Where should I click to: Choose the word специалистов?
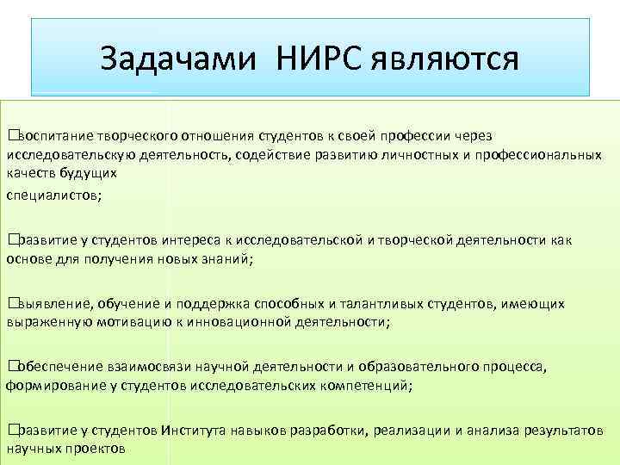[x=53, y=195]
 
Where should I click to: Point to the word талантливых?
[x=383, y=303]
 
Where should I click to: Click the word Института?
[x=191, y=430]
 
